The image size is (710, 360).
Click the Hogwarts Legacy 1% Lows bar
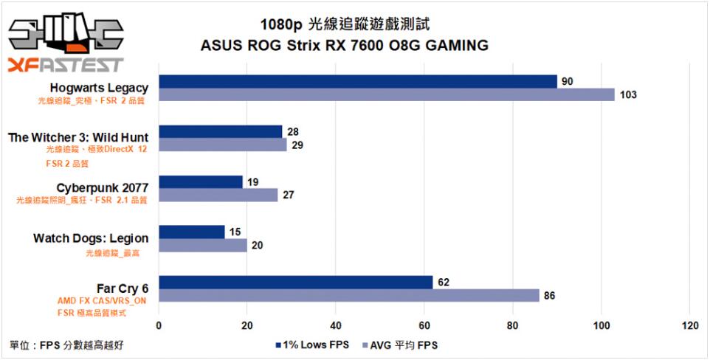point(358,81)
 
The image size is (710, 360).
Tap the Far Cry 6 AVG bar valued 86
point(349,295)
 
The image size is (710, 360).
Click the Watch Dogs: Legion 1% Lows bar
point(192,232)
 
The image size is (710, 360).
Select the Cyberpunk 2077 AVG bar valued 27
point(218,195)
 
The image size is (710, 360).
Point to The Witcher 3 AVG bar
point(223,145)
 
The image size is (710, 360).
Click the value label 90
point(567,81)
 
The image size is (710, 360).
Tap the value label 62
point(443,282)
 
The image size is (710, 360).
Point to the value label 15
point(235,232)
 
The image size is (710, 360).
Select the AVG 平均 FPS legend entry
point(402,345)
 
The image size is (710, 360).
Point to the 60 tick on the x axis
point(424,325)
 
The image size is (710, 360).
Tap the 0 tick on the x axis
point(159,325)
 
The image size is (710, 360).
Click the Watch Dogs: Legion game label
point(91,238)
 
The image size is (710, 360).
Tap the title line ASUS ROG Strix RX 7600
point(344,46)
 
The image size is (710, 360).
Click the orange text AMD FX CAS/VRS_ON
point(102,301)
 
